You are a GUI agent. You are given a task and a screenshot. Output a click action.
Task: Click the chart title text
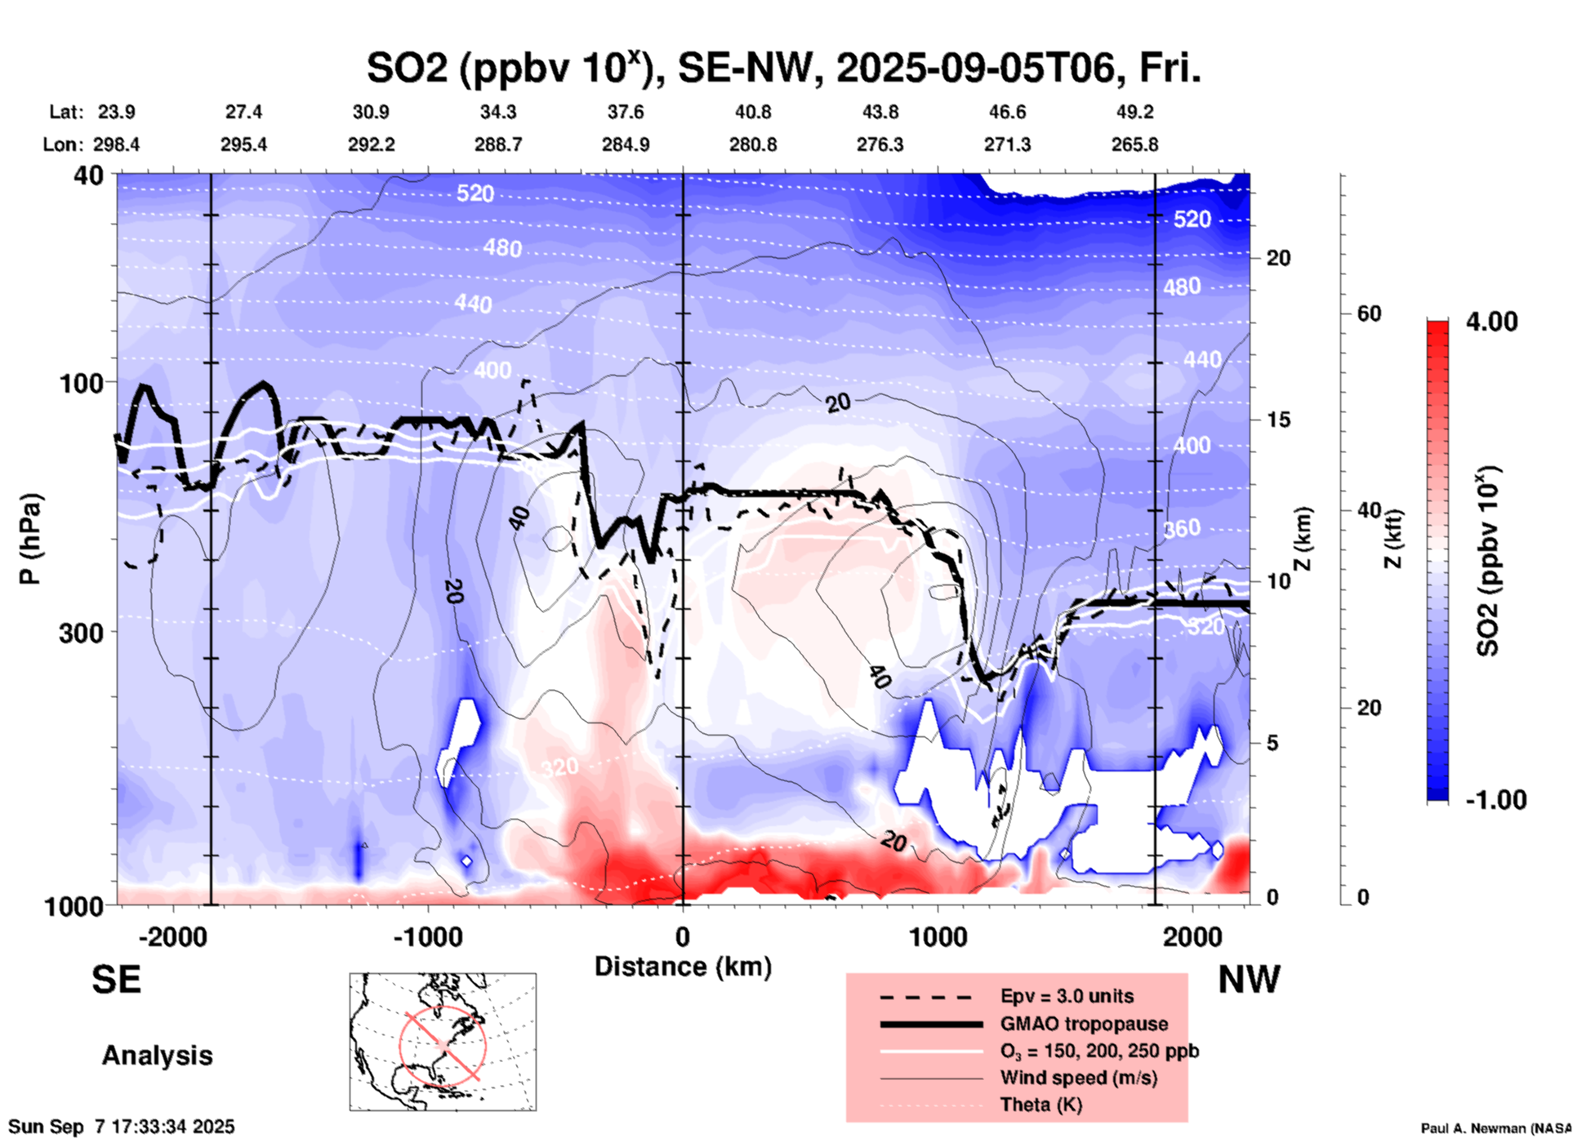tap(783, 69)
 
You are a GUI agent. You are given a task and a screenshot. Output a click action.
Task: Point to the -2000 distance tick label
tap(172, 937)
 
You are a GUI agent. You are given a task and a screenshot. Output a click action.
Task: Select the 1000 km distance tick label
tap(938, 937)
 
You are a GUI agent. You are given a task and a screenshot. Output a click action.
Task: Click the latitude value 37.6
tap(625, 112)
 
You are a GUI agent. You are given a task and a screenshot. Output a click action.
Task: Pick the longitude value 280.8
tap(753, 144)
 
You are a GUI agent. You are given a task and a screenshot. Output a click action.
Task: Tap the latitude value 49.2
tap(1134, 112)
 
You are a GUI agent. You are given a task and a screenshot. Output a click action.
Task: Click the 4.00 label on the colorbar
tap(1491, 322)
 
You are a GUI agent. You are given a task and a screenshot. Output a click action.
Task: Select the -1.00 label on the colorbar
tap(1495, 800)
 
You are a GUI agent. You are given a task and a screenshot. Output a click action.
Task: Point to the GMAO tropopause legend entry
tap(1084, 1024)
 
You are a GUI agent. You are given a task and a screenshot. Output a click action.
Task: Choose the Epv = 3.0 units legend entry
tap(1067, 996)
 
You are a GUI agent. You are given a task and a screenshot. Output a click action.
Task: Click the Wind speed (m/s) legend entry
tap(1078, 1078)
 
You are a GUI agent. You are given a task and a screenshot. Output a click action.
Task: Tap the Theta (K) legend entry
tap(1040, 1105)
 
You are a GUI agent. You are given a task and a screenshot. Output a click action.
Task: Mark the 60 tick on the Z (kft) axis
tap(1369, 314)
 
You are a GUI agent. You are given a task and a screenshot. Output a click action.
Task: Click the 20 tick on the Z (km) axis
tap(1278, 259)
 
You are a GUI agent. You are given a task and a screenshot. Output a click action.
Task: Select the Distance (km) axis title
tap(683, 967)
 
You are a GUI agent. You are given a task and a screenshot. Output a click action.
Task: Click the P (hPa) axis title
tap(30, 539)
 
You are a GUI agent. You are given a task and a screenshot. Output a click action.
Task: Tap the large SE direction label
tap(116, 980)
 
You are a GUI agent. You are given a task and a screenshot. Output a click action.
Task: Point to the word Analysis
tap(157, 1056)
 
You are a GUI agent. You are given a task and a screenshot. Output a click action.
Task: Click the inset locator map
tap(443, 1041)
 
